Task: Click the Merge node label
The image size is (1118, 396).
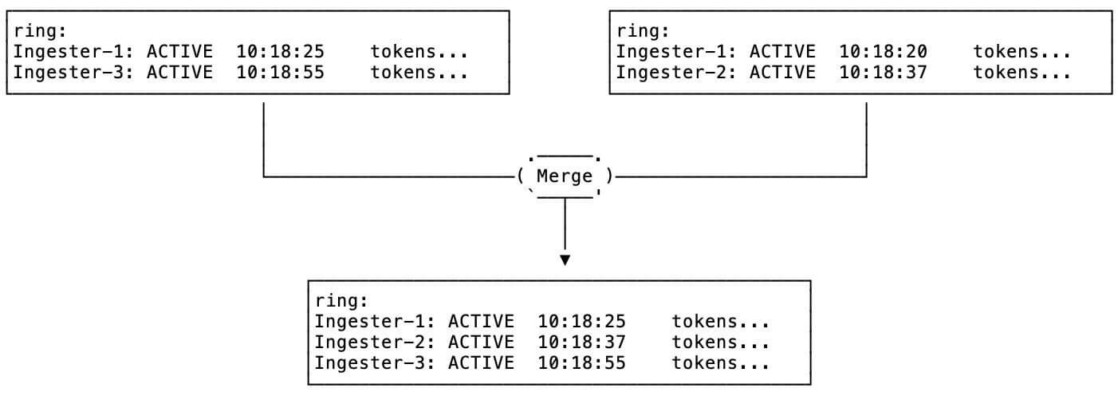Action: tap(565, 176)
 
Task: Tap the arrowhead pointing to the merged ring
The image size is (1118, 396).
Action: tap(565, 260)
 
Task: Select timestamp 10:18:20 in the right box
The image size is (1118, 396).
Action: tap(883, 52)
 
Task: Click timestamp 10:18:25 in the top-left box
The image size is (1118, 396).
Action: tap(280, 52)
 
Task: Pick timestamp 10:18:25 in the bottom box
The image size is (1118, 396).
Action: tap(581, 322)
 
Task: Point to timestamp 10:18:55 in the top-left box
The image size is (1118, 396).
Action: tap(280, 73)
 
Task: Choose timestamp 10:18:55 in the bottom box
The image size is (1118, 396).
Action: tap(581, 363)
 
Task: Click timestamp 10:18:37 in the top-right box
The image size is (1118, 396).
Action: tap(883, 73)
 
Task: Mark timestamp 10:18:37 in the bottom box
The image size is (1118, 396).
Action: tap(581, 343)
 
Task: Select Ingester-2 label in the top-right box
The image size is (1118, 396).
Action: tap(675, 73)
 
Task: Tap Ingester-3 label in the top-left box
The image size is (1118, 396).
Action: tap(73, 73)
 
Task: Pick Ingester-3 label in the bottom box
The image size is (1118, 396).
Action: tap(374, 363)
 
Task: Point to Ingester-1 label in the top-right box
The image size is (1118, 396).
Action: tap(675, 52)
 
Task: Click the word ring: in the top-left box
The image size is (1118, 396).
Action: tap(40, 31)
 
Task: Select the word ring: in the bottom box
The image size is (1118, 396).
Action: tap(341, 301)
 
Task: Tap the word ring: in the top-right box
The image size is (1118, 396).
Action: tap(643, 31)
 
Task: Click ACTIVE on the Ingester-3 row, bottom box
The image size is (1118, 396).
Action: tap(481, 363)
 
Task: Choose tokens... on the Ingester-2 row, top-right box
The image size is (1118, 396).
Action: tap(1022, 73)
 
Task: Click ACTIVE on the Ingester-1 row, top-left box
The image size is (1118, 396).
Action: tap(179, 52)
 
